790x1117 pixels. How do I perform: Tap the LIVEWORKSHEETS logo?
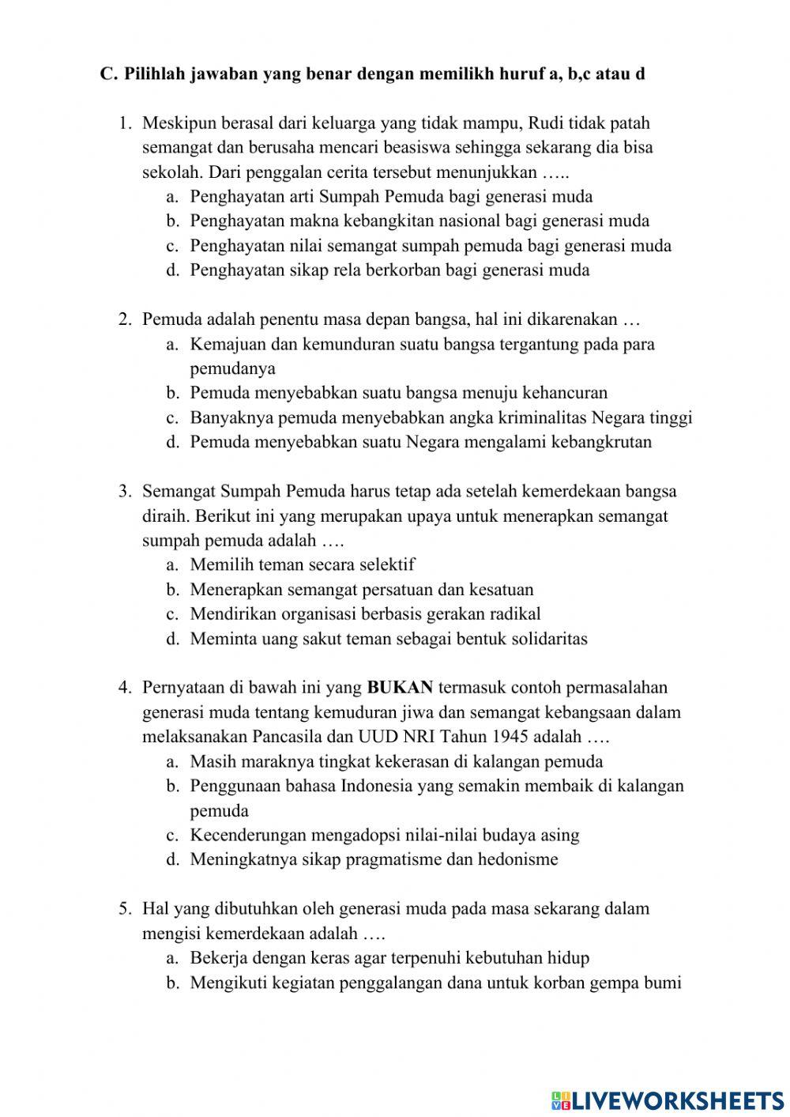coord(668,1100)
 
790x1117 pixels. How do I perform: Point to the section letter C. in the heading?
coord(109,74)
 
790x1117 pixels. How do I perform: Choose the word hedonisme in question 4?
coord(518,859)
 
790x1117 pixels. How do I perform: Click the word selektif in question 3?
coord(386,565)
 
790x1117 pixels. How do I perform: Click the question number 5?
coord(125,909)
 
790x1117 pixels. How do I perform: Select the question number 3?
coord(125,492)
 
